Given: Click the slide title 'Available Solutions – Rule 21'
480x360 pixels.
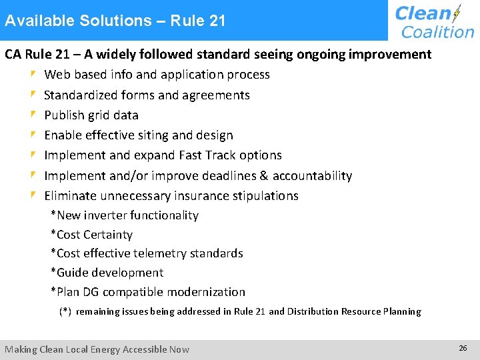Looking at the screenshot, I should point(115,21).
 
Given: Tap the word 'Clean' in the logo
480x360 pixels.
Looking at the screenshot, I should point(423,13).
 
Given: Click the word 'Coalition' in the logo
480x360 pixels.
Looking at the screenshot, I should point(437,31).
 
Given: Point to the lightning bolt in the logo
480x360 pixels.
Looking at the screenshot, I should point(457,14).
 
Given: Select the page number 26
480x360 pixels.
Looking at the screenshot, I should point(463,349).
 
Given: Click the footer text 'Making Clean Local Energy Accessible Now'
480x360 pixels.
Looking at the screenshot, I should point(97,349).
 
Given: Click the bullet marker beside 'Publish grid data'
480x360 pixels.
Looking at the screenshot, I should point(33,115).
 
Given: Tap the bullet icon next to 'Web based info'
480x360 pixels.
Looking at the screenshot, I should point(33,75).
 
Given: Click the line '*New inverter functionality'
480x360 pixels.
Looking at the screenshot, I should point(125,215).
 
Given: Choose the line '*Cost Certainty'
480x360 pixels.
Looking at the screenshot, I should point(92,235).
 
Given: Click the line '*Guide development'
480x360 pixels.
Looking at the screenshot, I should point(107,273).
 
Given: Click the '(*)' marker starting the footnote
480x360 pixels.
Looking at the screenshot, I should point(65,311).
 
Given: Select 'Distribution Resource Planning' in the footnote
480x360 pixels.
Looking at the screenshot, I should point(354,311).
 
